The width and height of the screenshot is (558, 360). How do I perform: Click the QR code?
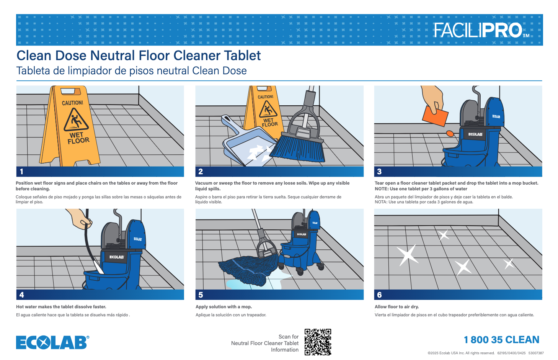[318, 342]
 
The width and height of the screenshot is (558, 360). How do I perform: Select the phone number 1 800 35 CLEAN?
[501, 340]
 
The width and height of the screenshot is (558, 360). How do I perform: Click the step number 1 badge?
[22, 172]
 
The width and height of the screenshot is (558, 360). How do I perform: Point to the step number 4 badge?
[22, 295]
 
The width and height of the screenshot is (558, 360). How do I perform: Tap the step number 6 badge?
[379, 295]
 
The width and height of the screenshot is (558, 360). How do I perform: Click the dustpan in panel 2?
[245, 142]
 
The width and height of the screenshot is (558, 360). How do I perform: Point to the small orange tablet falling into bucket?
[450, 134]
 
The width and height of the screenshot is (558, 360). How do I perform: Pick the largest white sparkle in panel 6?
[407, 255]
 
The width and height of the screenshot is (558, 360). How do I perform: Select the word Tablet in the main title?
[242, 56]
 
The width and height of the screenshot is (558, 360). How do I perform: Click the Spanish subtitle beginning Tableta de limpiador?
[131, 71]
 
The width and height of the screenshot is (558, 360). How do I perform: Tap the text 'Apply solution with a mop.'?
[224, 307]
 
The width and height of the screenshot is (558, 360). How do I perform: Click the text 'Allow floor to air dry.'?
[396, 307]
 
